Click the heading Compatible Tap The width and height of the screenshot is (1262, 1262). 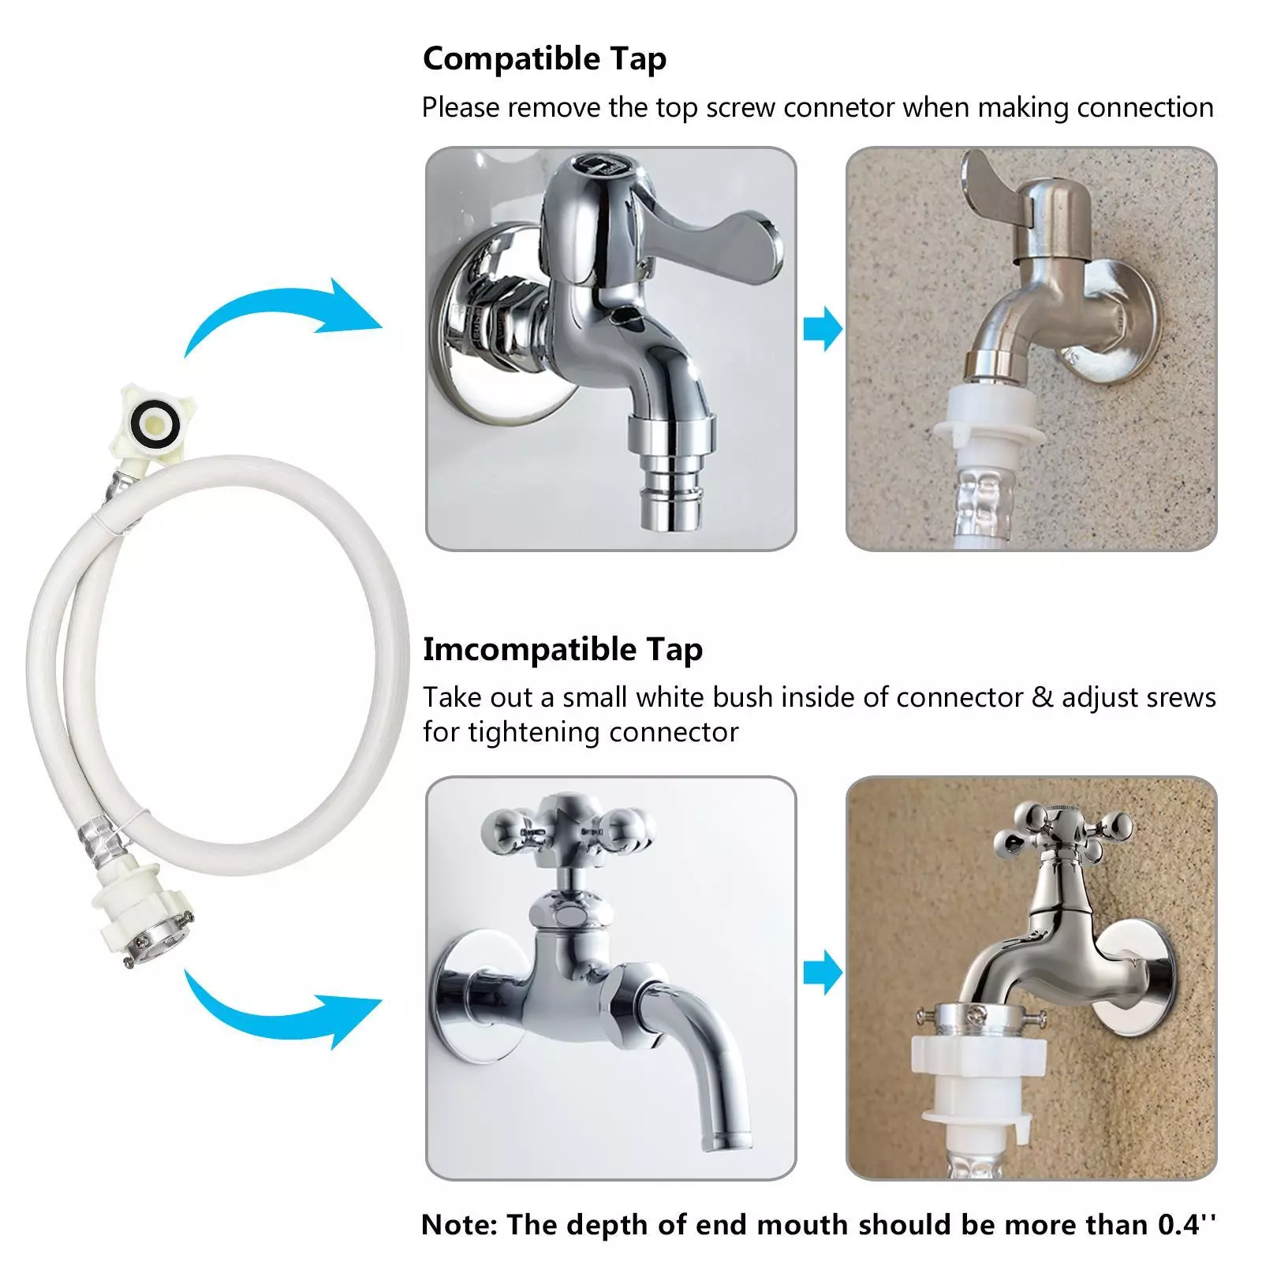click(x=544, y=59)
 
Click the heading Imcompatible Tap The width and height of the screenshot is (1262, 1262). click(x=562, y=649)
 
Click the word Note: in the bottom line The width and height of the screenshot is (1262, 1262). click(x=460, y=1224)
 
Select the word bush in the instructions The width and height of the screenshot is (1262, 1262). click(x=741, y=697)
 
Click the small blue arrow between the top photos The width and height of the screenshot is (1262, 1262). click(x=823, y=328)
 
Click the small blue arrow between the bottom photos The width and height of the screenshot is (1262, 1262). click(x=823, y=972)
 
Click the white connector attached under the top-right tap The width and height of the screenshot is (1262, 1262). click(x=990, y=418)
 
